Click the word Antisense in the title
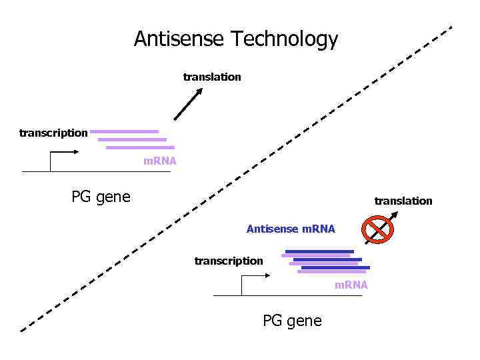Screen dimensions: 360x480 tap(179, 39)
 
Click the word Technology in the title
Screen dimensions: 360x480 tap(285, 40)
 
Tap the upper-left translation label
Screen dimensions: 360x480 tap(212, 77)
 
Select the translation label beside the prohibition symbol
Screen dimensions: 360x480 tap(403, 201)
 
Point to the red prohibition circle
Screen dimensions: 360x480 tap(377, 229)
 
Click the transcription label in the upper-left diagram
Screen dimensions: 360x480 tap(53, 133)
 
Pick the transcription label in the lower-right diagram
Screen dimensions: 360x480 tap(229, 261)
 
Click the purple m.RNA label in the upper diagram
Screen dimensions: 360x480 tap(160, 161)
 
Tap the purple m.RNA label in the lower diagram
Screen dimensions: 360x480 tap(351, 285)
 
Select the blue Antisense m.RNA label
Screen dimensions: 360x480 tap(291, 229)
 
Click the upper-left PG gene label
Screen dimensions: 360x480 tap(101, 197)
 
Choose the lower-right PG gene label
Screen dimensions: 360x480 tap(292, 321)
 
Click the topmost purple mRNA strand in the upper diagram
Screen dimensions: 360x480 tap(125, 131)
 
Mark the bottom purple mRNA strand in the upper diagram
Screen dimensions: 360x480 tap(140, 147)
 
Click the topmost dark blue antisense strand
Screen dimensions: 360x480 tap(319, 251)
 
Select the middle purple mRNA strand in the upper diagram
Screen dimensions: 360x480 tap(132, 139)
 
